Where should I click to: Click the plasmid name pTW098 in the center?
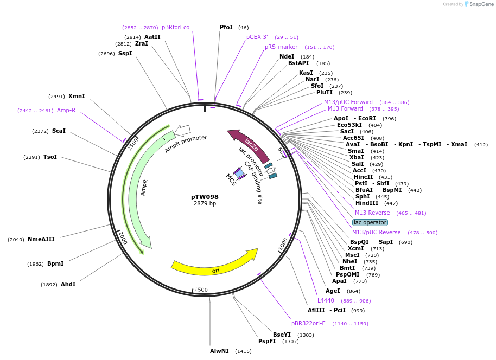tap(205, 197)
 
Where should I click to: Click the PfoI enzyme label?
tap(226, 27)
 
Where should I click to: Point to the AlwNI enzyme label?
tap(220, 351)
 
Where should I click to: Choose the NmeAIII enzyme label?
tap(41, 239)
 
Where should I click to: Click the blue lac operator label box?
tap(370, 222)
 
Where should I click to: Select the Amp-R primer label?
tap(66, 110)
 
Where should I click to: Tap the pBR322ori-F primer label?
tap(308, 323)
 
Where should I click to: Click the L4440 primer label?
tap(326, 300)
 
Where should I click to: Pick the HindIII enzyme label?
tap(367, 203)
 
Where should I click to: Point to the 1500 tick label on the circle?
tap(201, 290)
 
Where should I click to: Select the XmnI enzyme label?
tap(77, 96)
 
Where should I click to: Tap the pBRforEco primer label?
tap(175, 27)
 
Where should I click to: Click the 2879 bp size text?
tap(205, 204)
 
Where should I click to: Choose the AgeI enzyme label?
tap(333, 291)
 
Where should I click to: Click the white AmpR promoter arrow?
tap(183, 130)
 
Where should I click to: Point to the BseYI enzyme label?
tap(282, 335)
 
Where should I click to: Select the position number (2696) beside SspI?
tap(106, 54)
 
